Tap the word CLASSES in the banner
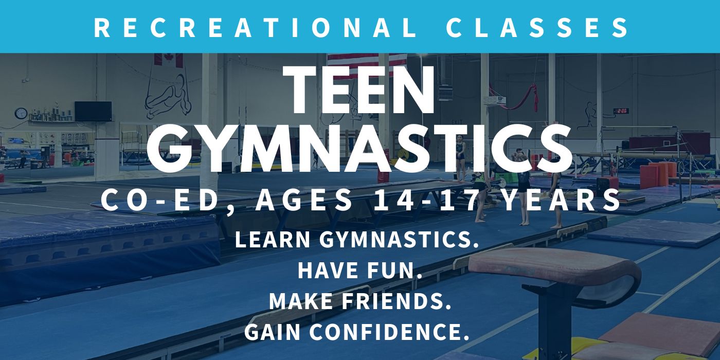[537, 28]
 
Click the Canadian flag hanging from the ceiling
[169, 60]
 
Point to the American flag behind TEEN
[367, 61]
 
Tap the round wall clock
[21, 113]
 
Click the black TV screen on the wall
[93, 111]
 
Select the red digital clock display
[621, 111]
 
